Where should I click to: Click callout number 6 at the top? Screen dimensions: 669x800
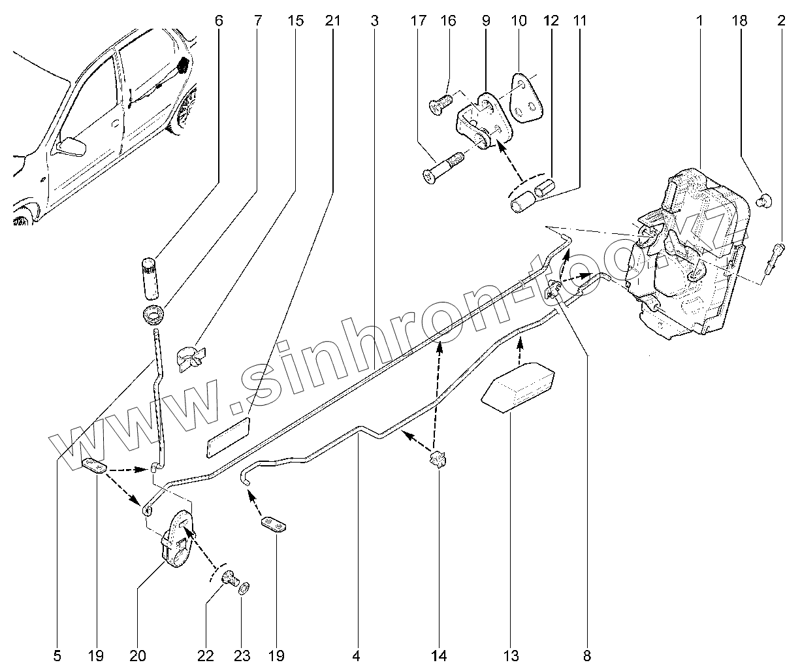point(218,21)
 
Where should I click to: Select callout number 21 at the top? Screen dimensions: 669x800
point(332,21)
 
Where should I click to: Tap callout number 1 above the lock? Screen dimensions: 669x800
point(699,21)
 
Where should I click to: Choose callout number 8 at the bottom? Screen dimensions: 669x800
point(586,655)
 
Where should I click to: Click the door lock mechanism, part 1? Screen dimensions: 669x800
point(686,255)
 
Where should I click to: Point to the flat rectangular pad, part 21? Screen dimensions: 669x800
point(229,433)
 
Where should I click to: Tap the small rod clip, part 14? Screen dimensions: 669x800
point(437,459)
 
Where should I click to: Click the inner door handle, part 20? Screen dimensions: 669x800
point(176,541)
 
